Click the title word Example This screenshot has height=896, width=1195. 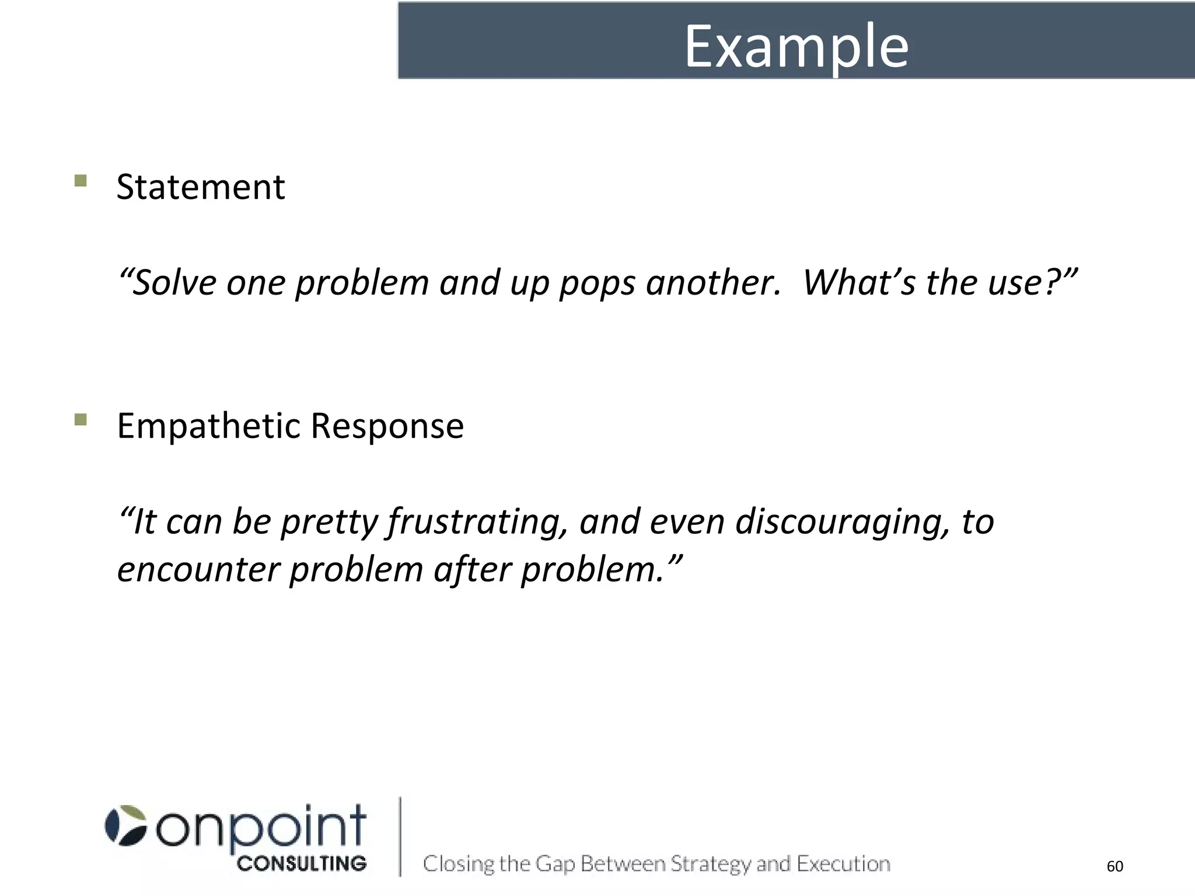coord(796,47)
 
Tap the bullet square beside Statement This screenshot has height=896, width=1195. coord(81,180)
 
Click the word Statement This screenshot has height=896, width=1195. coord(201,187)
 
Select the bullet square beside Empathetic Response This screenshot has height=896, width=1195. coord(81,419)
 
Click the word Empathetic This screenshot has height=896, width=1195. coord(208,426)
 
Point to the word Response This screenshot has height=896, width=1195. coord(387,426)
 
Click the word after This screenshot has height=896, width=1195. coord(472,570)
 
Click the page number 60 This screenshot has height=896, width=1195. coord(1114,866)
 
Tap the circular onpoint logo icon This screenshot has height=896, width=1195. coord(125,825)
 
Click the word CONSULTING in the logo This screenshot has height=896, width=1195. coord(302,864)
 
